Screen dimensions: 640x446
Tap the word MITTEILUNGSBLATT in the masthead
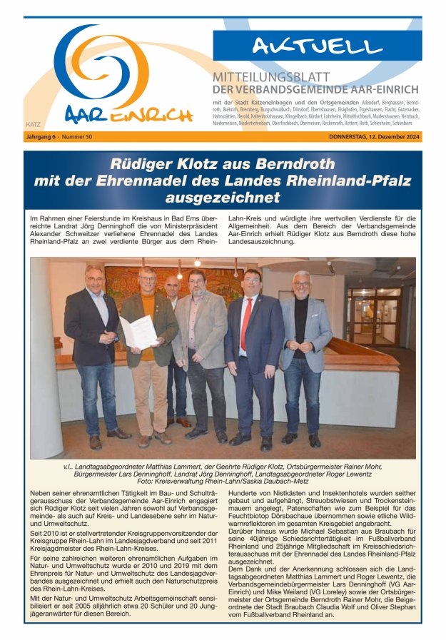click(x=271, y=77)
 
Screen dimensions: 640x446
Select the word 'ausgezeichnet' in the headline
click(x=223, y=198)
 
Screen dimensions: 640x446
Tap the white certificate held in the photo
click(x=138, y=331)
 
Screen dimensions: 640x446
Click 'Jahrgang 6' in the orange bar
click(x=41, y=137)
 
